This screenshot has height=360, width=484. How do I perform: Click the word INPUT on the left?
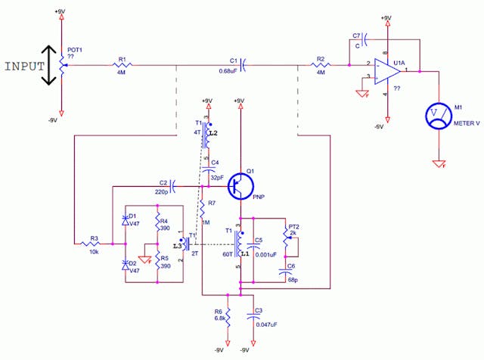24,66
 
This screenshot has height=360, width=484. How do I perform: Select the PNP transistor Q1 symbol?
240,185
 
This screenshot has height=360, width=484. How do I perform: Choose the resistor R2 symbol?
321,67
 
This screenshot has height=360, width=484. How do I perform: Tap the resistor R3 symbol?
94,244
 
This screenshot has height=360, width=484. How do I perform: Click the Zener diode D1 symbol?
126,220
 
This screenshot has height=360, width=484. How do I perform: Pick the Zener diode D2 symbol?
126,265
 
